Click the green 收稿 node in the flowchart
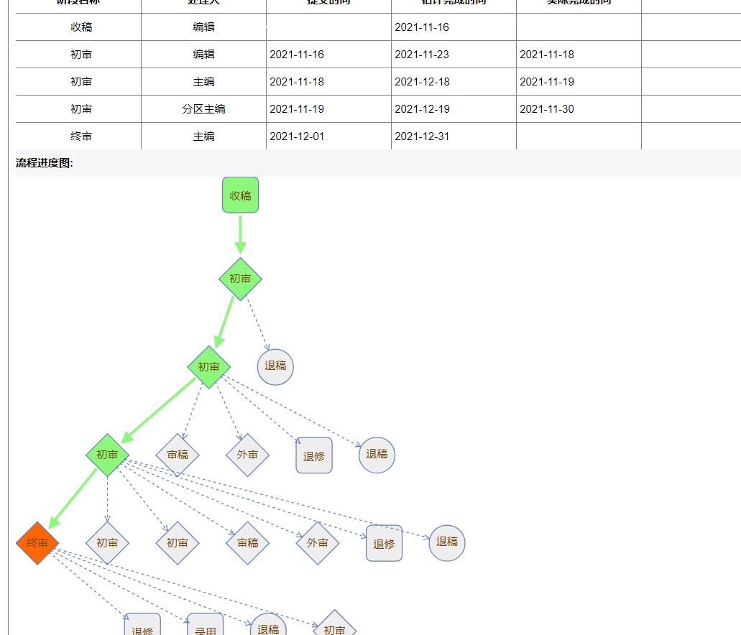(x=240, y=195)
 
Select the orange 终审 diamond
(x=37, y=543)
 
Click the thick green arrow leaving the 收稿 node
(x=240, y=234)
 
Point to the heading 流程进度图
(x=45, y=163)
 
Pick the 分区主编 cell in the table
(x=203, y=109)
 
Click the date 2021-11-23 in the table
(x=422, y=55)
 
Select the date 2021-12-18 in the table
(x=422, y=82)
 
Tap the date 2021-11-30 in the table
(x=547, y=109)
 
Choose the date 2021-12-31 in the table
(x=422, y=136)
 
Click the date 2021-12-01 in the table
(x=297, y=136)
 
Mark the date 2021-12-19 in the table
(x=422, y=109)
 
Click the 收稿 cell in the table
(x=81, y=27)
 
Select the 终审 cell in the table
(x=81, y=136)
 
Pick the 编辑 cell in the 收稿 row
(x=203, y=27)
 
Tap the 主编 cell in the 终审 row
(x=203, y=136)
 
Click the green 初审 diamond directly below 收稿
(x=240, y=279)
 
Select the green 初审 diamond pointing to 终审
(x=107, y=455)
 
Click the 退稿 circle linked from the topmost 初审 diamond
(x=275, y=366)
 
